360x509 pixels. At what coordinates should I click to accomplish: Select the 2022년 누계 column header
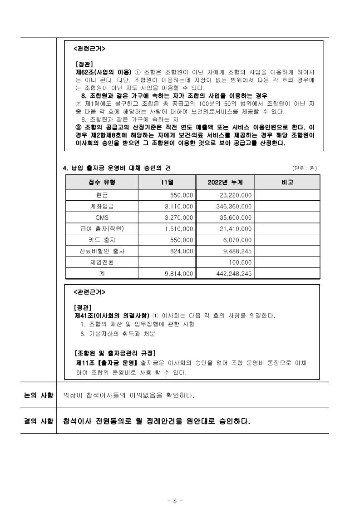225,183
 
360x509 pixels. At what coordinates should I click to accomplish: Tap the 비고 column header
287,183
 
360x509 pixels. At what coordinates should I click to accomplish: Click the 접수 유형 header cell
102,183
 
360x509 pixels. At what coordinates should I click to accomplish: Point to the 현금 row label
102,195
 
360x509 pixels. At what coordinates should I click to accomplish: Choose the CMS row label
102,217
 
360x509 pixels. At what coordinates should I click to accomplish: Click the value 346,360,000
234,206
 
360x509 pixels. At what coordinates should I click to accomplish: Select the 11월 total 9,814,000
179,274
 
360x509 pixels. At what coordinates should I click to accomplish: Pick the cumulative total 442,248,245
232,274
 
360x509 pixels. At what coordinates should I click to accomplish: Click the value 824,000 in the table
181,251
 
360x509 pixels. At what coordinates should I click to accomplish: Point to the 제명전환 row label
102,262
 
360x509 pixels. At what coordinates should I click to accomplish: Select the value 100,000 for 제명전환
240,262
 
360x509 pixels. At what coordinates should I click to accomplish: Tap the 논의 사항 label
39,395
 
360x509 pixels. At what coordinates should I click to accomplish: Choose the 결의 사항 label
39,421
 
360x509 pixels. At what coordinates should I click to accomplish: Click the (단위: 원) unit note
305,168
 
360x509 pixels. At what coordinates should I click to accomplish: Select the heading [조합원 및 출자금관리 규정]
115,353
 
